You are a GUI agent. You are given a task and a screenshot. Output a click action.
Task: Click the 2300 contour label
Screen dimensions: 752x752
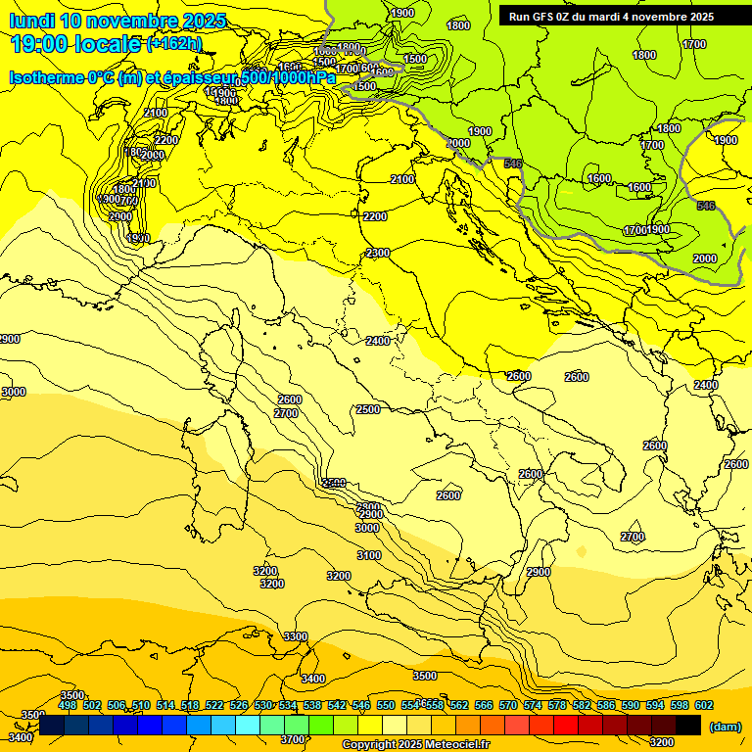(x=378, y=253)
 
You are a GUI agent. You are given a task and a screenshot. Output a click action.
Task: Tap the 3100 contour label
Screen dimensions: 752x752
(x=369, y=555)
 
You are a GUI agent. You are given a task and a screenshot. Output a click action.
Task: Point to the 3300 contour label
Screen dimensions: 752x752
(x=296, y=636)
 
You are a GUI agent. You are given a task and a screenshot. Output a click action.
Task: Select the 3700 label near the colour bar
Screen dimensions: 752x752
(x=293, y=739)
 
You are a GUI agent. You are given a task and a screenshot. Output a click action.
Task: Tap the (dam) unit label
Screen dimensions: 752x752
(x=724, y=726)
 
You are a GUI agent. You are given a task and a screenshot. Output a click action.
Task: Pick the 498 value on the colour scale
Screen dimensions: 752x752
(x=68, y=705)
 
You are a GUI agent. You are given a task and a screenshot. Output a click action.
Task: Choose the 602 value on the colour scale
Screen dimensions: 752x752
(x=704, y=705)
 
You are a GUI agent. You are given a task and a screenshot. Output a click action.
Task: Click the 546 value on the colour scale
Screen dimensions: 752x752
(x=361, y=705)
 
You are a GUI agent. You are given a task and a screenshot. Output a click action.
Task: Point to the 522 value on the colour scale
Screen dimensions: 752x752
(x=214, y=705)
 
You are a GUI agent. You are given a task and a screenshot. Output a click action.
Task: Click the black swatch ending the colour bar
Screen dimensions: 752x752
(x=688, y=725)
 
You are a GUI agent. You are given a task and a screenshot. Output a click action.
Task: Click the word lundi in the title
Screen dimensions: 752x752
(x=31, y=21)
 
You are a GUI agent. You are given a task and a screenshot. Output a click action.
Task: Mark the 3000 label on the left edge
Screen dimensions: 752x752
(x=14, y=392)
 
